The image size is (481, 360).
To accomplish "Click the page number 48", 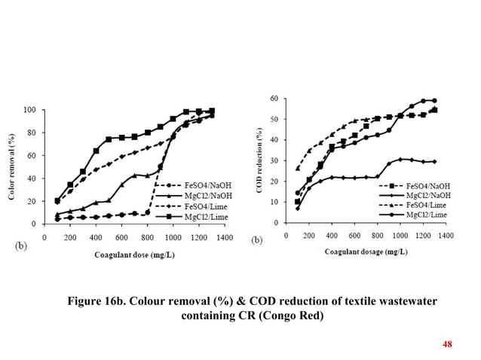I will [447, 344].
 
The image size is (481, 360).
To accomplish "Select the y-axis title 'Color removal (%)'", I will [13, 164].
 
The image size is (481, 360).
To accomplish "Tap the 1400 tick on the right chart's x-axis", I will [446, 236].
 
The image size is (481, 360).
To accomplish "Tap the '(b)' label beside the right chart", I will [257, 241].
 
